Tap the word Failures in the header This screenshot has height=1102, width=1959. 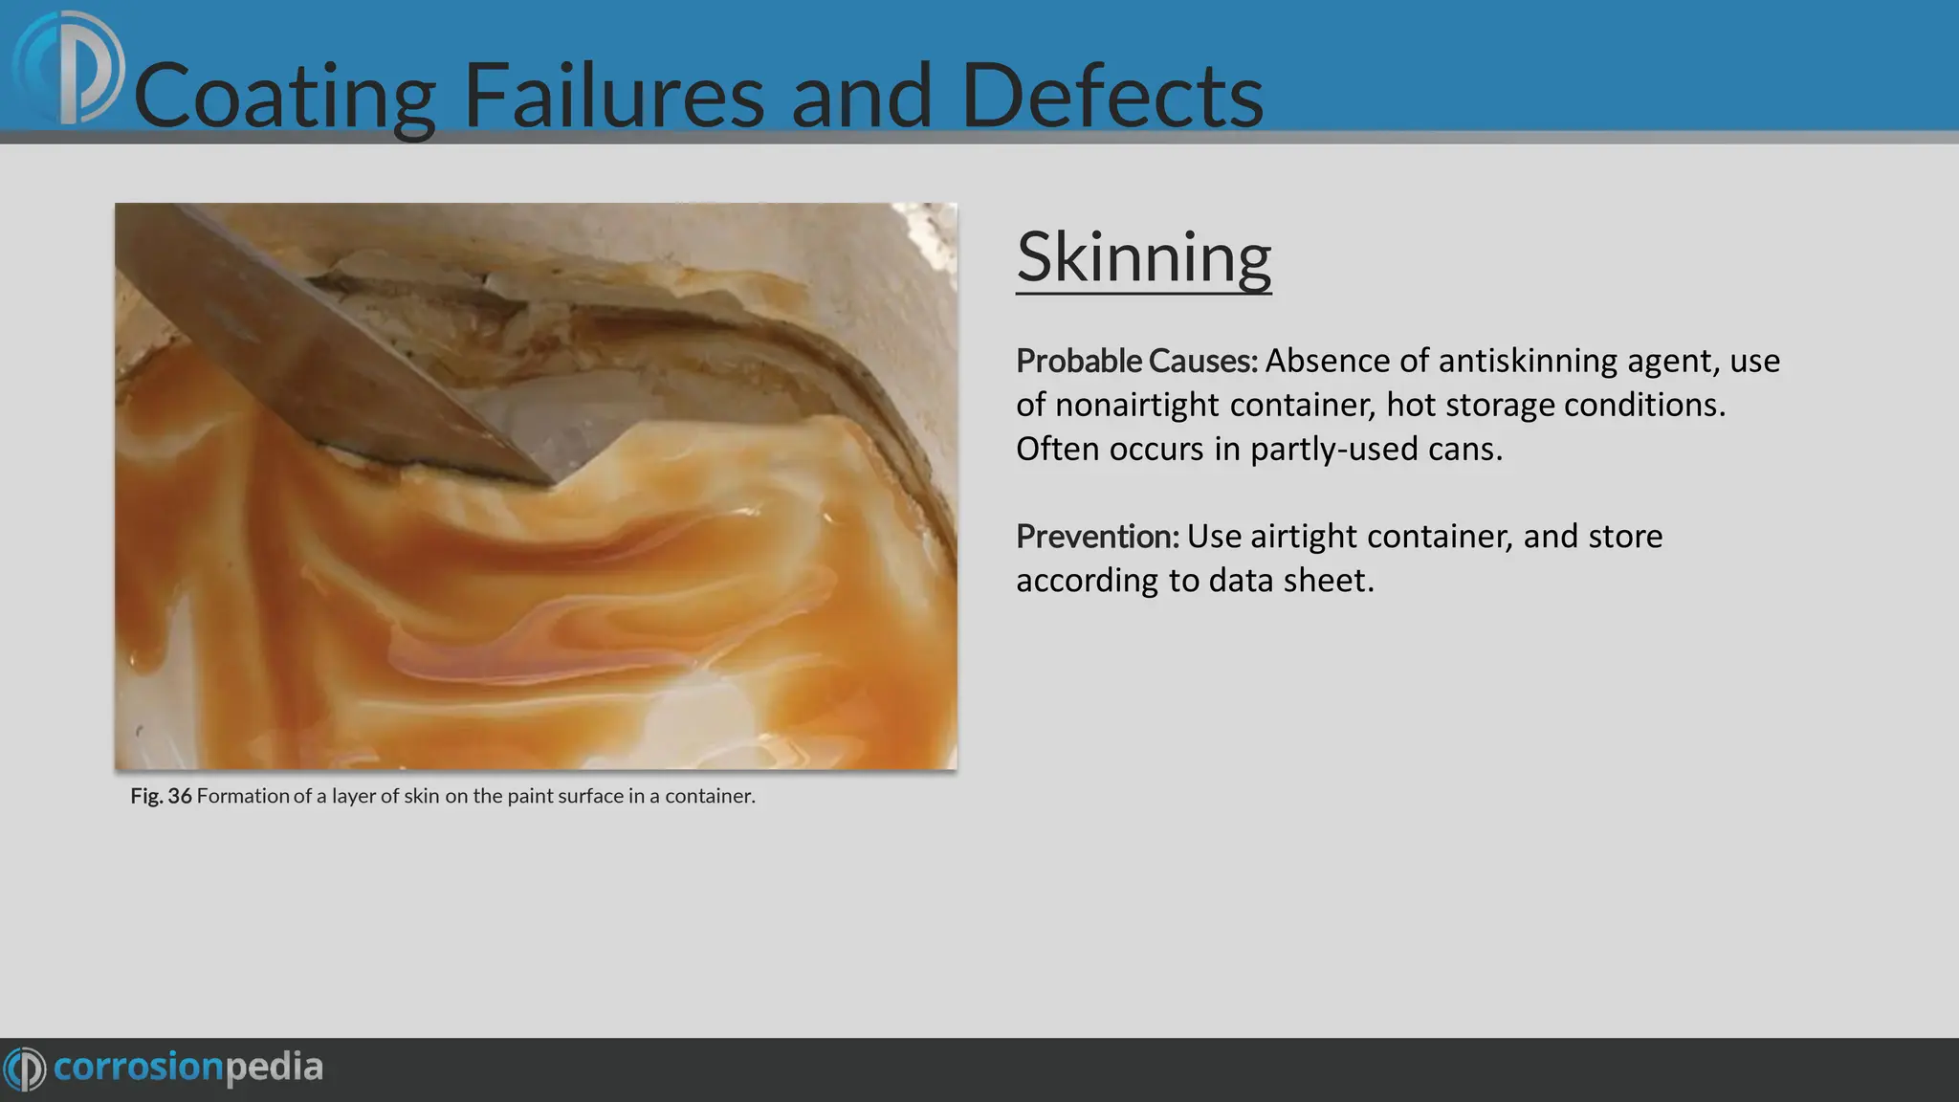tap(613, 96)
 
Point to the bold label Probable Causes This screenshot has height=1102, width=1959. tap(1136, 362)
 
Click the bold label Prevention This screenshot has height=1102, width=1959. tap(1097, 537)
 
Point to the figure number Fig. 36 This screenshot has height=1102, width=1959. tap(161, 796)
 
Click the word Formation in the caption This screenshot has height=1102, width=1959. tap(243, 796)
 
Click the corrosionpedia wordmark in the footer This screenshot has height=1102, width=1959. tap(188, 1068)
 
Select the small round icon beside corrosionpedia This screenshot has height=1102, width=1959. tap(25, 1069)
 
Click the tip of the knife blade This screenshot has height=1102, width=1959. tap(553, 484)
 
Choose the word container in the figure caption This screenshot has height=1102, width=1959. tap(708, 796)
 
